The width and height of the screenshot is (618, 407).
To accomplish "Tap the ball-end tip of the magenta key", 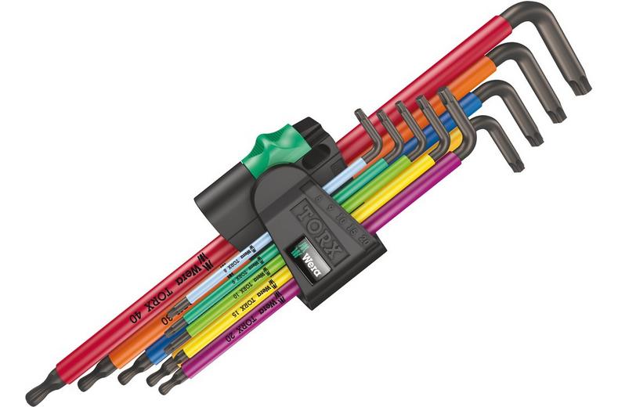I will tap(165, 385).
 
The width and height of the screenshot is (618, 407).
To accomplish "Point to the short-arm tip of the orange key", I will tap(557, 114).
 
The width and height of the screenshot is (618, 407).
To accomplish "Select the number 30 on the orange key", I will tap(167, 319).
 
